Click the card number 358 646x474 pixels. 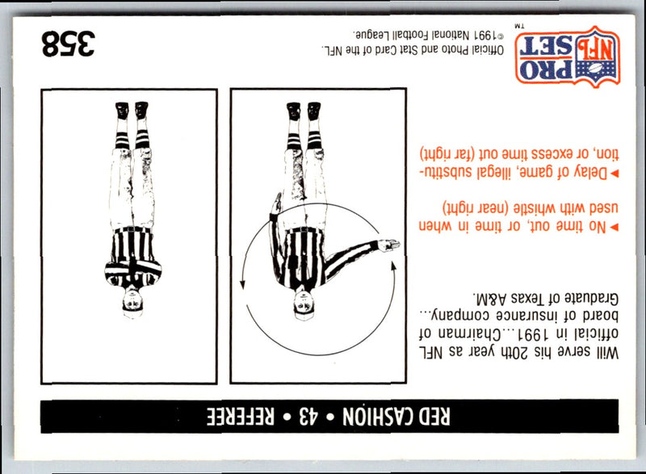(x=68, y=44)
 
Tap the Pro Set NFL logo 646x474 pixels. (x=568, y=57)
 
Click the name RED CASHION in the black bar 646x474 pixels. (x=396, y=417)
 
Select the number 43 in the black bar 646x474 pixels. (x=307, y=417)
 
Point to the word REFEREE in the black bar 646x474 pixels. (x=240, y=417)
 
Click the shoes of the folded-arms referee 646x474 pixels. (x=132, y=110)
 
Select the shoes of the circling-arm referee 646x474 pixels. (x=304, y=111)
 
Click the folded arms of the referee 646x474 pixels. (x=132, y=270)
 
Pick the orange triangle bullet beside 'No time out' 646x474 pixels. (x=615, y=227)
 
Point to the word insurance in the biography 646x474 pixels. (x=528, y=316)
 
